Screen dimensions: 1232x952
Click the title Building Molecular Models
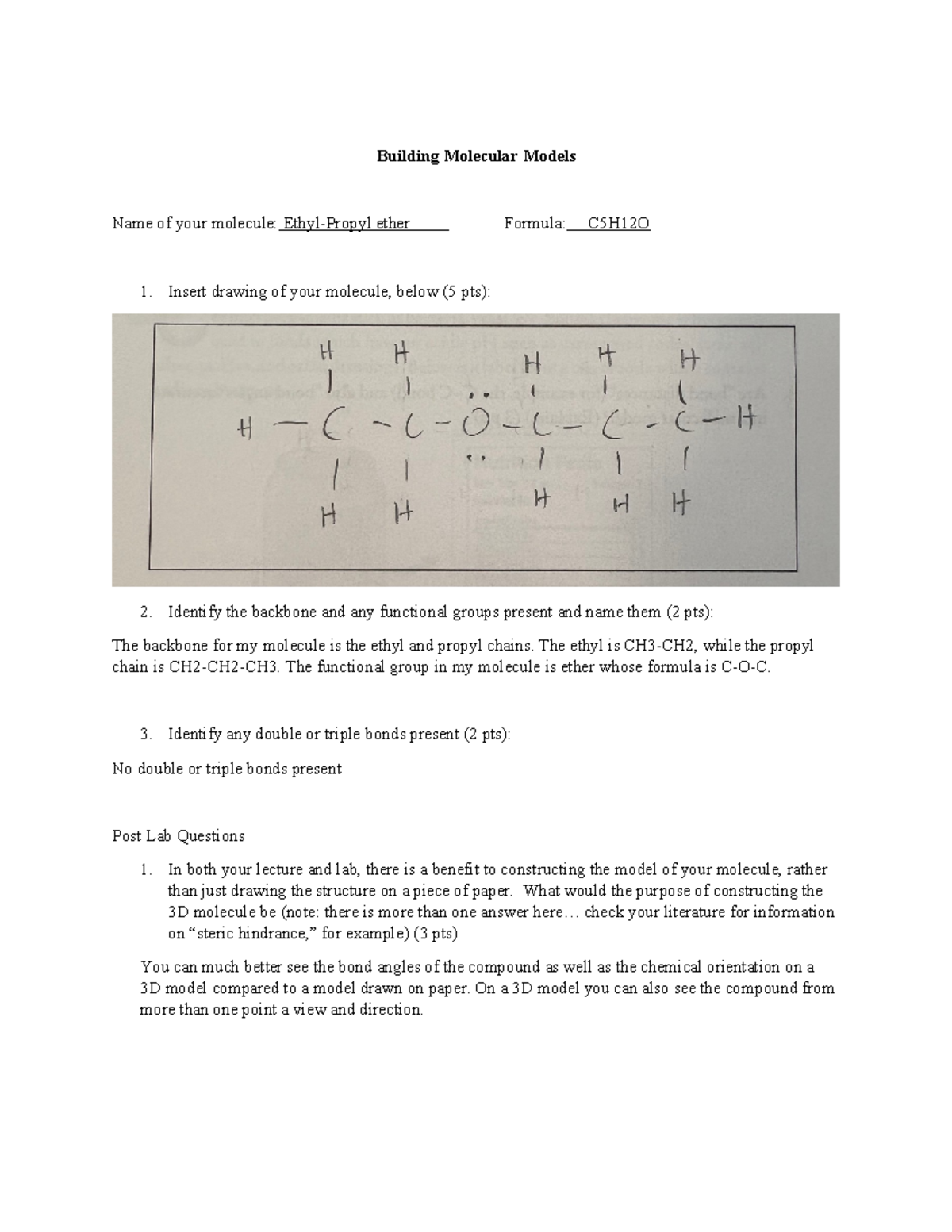[476, 156]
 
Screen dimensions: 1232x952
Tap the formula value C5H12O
[618, 224]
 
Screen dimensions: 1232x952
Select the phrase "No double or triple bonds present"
[227, 769]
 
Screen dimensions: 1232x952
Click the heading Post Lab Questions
[178, 836]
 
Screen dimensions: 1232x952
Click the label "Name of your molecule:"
[194, 224]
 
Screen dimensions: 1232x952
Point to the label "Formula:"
[535, 224]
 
